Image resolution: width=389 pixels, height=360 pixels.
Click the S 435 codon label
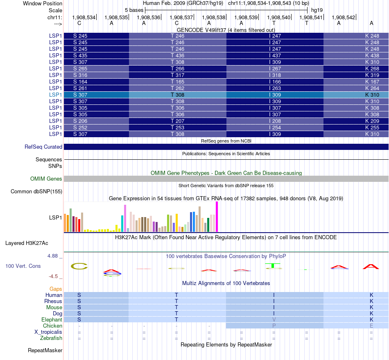click(80, 55)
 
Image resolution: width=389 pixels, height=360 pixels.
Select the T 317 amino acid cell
click(177, 75)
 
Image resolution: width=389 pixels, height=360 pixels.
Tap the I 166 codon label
click(275, 82)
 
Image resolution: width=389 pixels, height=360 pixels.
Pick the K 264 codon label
click(372, 88)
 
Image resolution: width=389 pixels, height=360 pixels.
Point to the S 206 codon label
click(80, 121)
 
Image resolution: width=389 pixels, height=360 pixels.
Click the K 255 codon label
click(372, 127)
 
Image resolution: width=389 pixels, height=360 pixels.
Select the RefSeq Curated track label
click(43, 147)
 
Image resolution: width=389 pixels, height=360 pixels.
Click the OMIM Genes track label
click(46, 179)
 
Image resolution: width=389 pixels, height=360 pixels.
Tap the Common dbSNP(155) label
click(36, 191)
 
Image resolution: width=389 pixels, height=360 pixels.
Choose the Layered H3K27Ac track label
click(27, 243)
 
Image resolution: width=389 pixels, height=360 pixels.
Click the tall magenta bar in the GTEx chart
click(217, 217)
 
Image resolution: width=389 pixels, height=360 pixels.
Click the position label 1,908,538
click(210, 17)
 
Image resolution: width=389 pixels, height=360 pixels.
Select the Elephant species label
click(52, 319)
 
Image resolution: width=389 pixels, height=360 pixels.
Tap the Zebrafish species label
click(51, 338)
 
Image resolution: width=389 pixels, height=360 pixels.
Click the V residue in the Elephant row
click(274, 319)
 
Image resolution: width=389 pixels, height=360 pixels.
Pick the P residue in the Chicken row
click(274, 326)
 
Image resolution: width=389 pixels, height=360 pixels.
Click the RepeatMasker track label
click(45, 350)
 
